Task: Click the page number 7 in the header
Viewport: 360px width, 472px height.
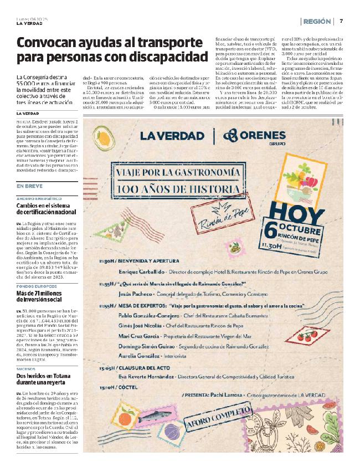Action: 341,21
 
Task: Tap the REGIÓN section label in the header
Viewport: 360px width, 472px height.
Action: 318,21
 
